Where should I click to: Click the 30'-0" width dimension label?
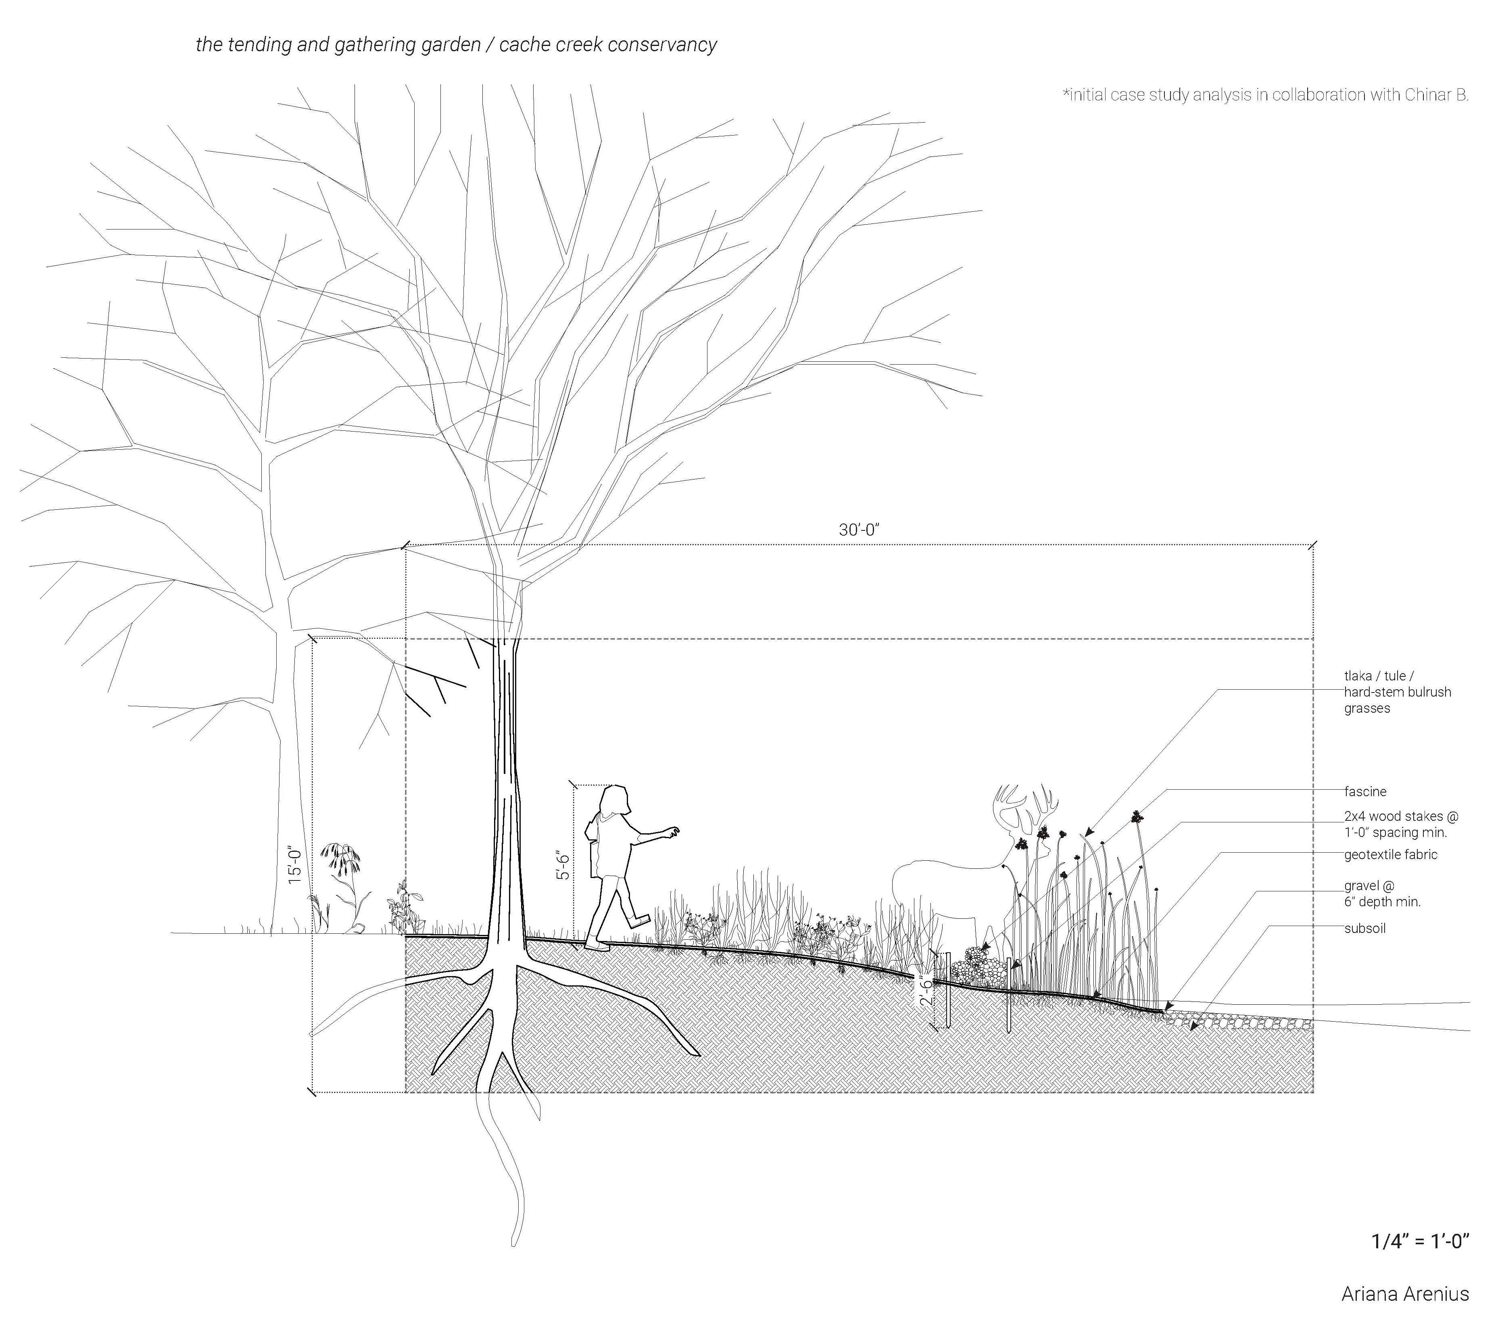pos(859,530)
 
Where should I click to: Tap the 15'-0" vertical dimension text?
pos(295,864)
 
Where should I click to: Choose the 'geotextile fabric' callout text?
pos(1390,855)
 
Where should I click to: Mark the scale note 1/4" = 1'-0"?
pos(1420,1241)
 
